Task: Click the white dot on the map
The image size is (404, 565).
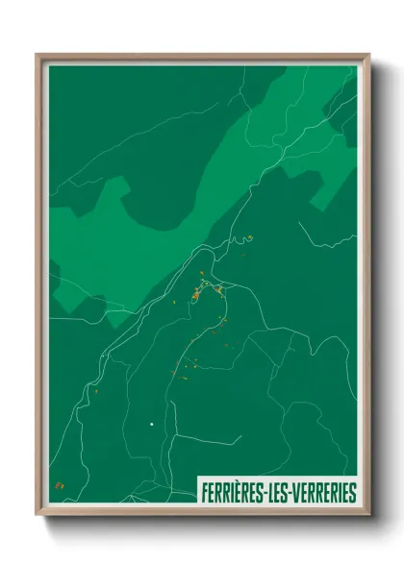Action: (151, 423)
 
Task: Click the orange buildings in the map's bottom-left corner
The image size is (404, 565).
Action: (60, 485)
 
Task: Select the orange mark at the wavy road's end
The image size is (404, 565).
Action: (248, 238)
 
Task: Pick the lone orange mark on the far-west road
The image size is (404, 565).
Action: (97, 391)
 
